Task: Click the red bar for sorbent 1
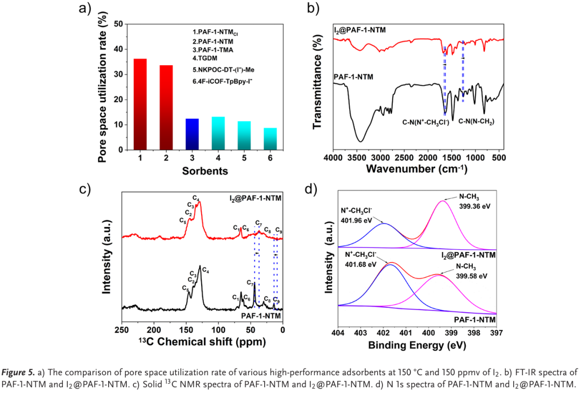point(140,104)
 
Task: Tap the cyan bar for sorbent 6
point(270,139)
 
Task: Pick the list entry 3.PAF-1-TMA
point(213,50)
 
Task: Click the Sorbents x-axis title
point(204,171)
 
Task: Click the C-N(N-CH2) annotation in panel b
point(477,122)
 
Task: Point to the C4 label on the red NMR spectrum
point(196,200)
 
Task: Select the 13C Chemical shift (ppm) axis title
point(202,341)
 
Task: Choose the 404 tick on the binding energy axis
point(338,332)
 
